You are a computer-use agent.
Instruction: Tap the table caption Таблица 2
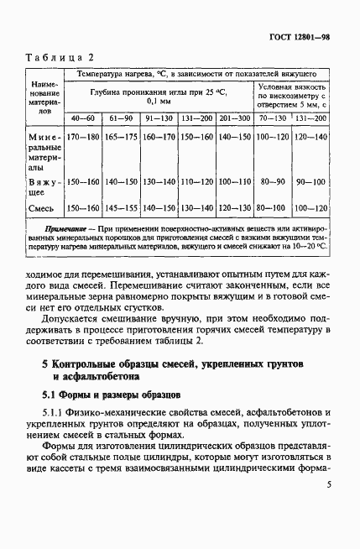(59, 58)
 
